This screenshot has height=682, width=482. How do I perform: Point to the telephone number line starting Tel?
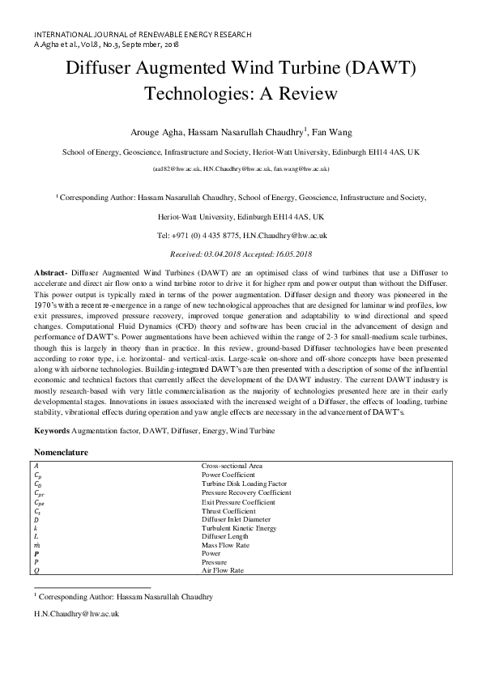[241, 235]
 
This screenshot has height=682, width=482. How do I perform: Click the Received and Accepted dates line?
[241, 253]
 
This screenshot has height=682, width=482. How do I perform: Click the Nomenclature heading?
[61, 451]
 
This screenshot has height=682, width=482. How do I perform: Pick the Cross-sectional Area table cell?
[232, 467]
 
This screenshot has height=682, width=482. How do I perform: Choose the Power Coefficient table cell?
[228, 475]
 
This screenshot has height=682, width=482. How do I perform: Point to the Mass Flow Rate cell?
[224, 545]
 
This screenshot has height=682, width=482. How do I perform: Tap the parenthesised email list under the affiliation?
[241, 169]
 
